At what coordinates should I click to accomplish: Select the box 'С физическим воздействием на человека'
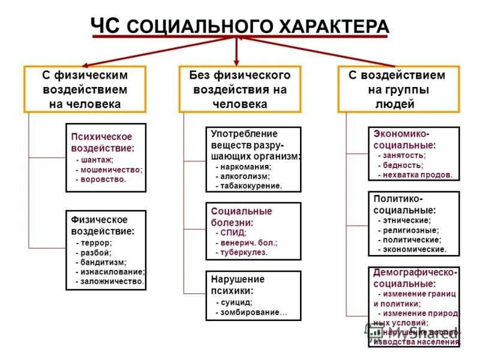click(x=85, y=89)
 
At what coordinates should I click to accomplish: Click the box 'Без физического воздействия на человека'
click(x=239, y=89)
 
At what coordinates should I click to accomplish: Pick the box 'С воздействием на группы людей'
click(x=398, y=89)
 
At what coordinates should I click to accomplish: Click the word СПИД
click(x=232, y=233)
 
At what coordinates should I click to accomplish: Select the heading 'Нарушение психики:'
click(x=237, y=284)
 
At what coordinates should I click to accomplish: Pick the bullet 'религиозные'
click(x=411, y=230)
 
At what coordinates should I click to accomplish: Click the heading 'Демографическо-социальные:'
click(x=414, y=277)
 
